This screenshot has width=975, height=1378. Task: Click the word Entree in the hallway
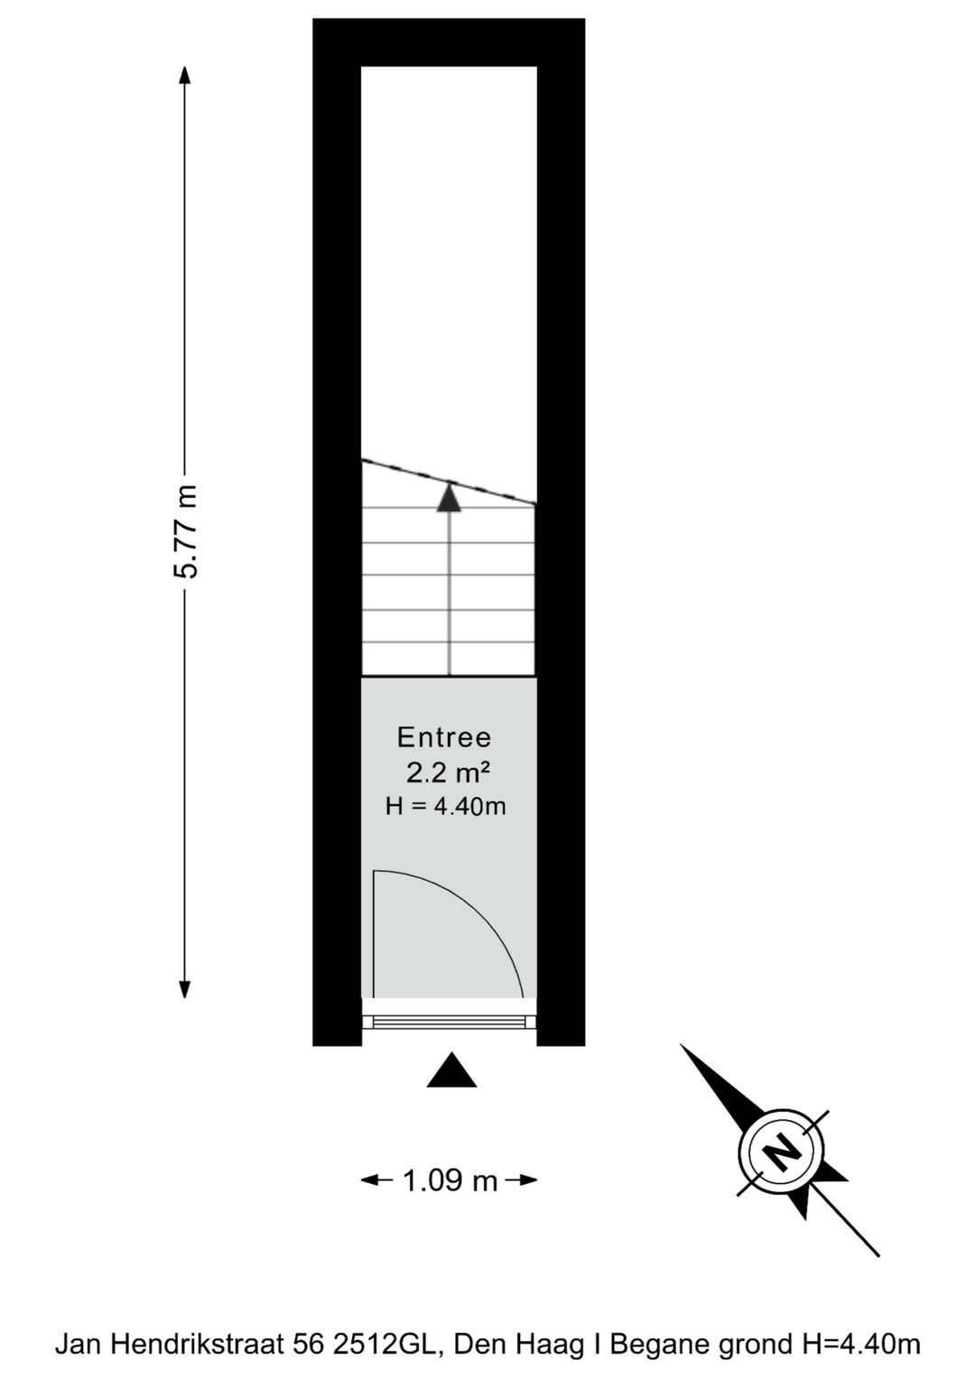444,737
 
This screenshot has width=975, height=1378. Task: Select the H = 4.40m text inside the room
445,806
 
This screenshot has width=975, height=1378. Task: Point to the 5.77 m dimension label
185,532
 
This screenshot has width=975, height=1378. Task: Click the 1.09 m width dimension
450,1179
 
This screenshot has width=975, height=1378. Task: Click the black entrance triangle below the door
451,1070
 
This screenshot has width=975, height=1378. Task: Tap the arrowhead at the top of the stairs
450,497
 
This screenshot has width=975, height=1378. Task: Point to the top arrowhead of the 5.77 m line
184,75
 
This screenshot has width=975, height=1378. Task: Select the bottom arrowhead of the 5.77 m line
184,988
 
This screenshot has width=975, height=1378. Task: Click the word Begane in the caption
655,1342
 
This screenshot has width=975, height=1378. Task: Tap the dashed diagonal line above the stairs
449,481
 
